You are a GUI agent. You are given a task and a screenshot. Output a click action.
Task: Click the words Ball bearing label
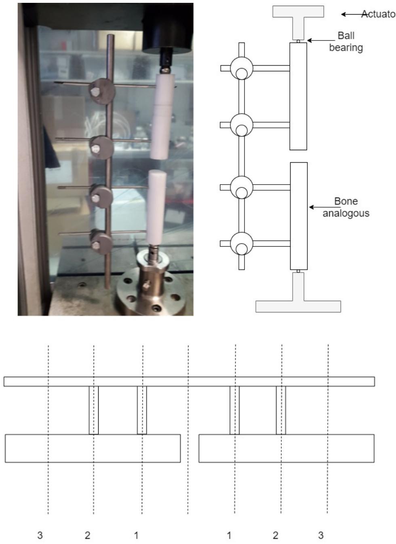coord(346,42)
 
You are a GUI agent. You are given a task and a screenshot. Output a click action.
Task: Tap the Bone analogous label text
coord(346,207)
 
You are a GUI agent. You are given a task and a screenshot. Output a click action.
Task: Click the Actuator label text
coord(378,14)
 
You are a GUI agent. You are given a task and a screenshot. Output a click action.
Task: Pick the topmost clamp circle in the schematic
coord(242,68)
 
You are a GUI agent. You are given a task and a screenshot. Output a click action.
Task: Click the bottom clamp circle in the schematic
coord(242,244)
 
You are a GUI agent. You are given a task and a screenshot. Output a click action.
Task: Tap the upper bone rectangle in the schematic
coord(298,96)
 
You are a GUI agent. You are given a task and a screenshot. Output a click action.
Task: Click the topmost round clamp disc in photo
coord(103,90)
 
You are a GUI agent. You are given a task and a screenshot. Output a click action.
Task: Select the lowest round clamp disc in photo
coord(101,242)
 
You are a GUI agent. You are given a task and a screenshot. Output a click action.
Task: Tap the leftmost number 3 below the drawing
coord(40,535)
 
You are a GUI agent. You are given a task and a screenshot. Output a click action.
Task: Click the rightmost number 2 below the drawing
coord(276,535)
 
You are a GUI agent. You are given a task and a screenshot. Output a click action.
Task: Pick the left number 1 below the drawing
coord(136,535)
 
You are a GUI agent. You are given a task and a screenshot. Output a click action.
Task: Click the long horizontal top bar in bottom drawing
coord(189,381)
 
